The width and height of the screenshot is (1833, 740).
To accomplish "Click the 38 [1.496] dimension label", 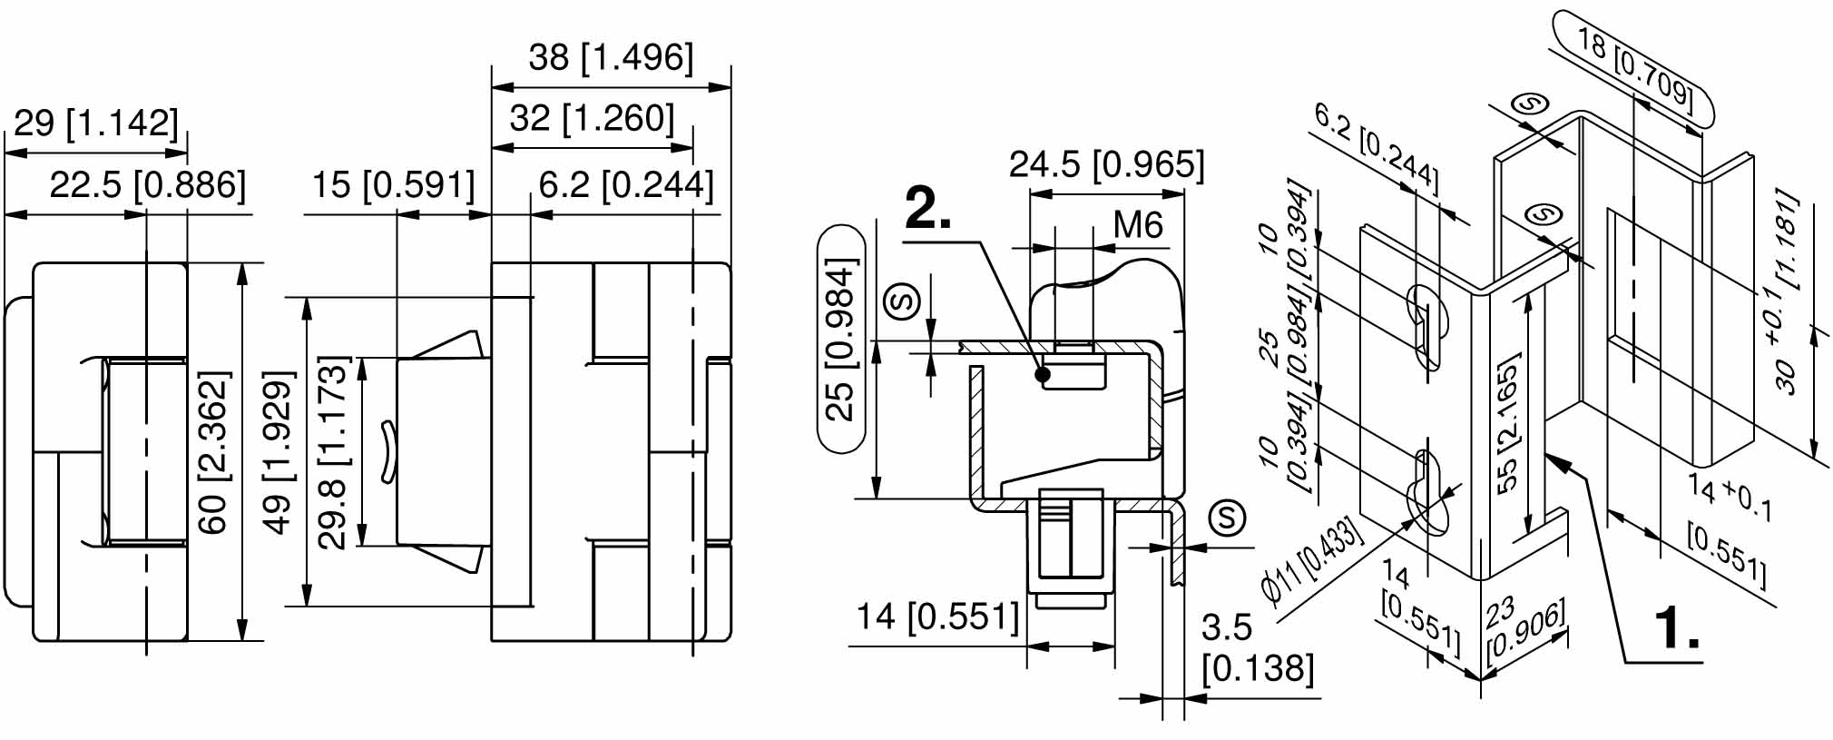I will (611, 56).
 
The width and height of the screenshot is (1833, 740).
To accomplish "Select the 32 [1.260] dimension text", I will (592, 118).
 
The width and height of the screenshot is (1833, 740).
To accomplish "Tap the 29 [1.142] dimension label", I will (96, 122).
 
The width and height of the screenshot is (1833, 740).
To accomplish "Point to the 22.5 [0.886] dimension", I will (147, 184).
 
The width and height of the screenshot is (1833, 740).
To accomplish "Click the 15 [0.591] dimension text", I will (393, 184).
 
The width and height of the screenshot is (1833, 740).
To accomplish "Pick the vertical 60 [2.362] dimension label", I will (214, 451).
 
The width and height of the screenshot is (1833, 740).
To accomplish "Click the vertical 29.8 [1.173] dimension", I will (334, 451).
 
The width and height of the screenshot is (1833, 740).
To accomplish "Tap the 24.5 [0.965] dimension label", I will (1106, 164).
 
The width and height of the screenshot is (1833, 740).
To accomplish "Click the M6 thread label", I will (1137, 223).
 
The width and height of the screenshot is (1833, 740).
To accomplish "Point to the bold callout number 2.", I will (927, 212).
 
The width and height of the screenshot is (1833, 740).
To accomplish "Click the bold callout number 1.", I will (1676, 627).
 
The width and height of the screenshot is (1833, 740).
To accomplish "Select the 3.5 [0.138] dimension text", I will (1257, 647).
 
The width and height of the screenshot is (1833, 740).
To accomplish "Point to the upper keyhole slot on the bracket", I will (1425, 322).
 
